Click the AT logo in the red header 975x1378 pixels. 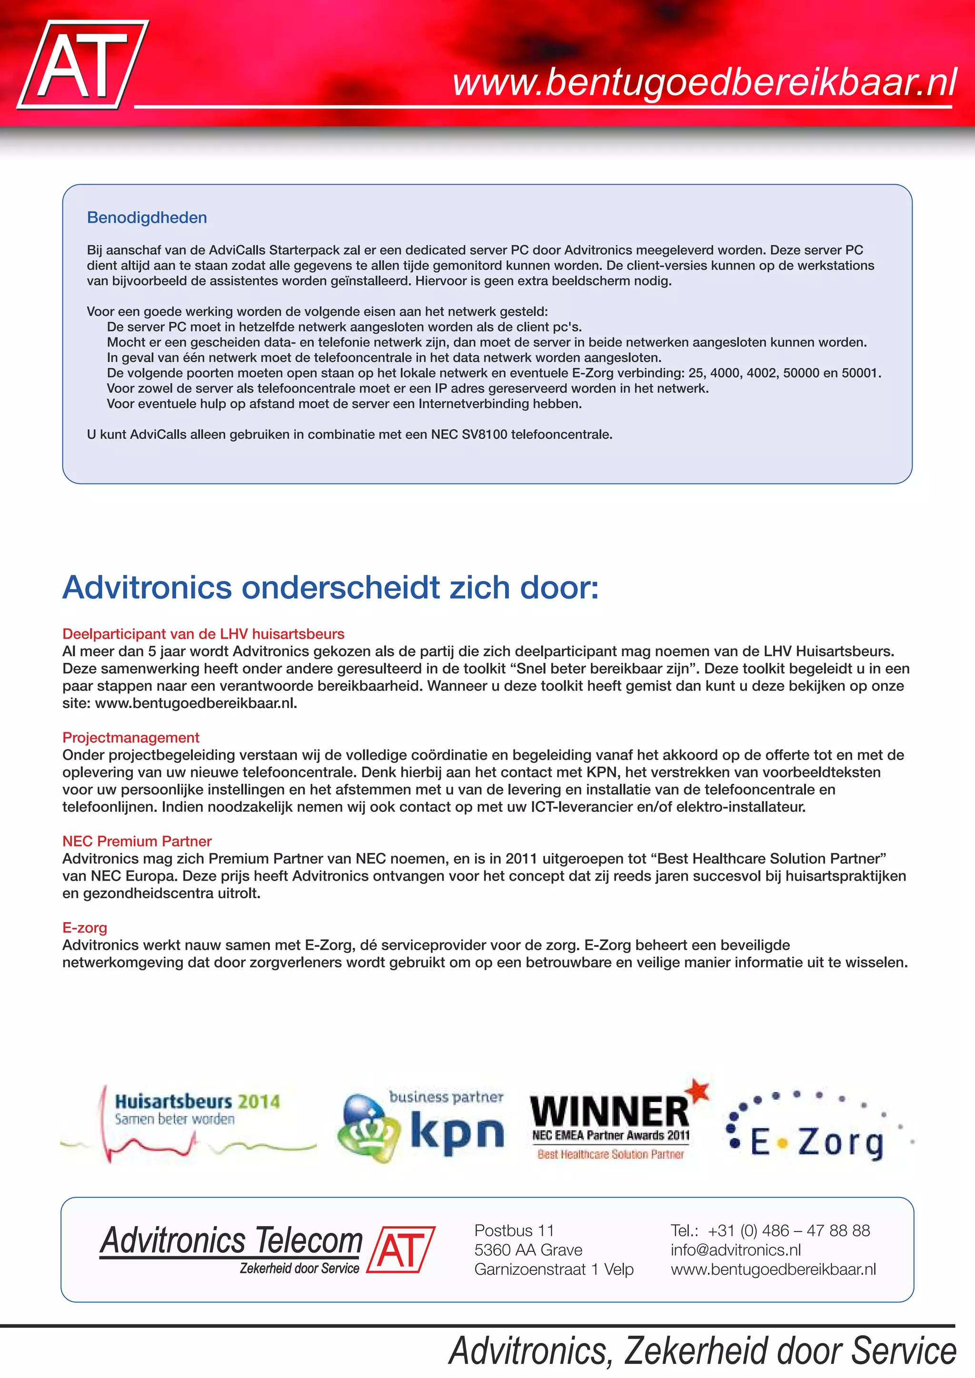click(83, 65)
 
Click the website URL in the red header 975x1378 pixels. click(704, 82)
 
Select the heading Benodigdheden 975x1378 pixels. click(147, 218)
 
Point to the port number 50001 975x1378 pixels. click(860, 373)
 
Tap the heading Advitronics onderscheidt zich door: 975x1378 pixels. click(330, 587)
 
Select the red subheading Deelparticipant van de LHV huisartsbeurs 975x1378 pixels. click(203, 634)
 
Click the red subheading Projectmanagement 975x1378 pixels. click(130, 738)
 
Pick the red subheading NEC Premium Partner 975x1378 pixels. click(137, 841)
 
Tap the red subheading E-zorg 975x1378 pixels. click(85, 928)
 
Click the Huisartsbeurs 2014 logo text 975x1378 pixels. click(197, 1102)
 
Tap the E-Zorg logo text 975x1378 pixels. click(816, 1142)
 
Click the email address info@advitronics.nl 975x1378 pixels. click(736, 1250)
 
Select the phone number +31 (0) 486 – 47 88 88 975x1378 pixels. click(788, 1231)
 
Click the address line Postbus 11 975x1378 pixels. click(514, 1231)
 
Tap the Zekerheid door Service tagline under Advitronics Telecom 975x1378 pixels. click(299, 1268)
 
